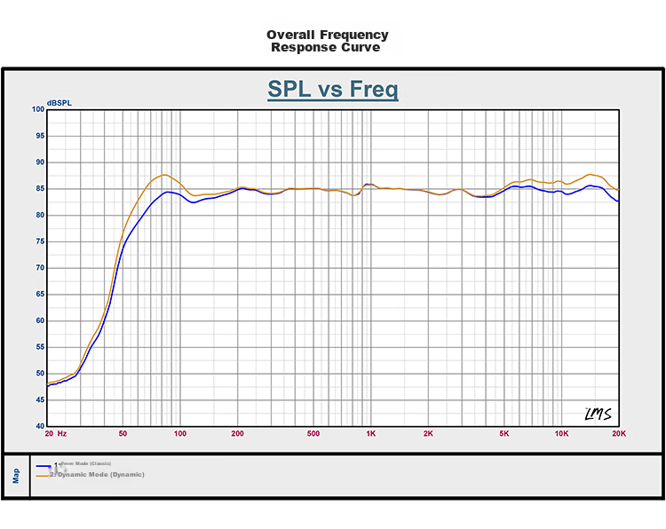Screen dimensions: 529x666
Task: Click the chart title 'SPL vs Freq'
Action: tap(332, 90)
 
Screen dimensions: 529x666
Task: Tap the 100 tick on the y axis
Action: tap(37, 109)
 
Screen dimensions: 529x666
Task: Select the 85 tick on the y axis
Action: tap(39, 189)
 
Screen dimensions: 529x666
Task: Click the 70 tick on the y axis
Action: tap(39, 268)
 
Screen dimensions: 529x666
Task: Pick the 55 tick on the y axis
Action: tap(39, 347)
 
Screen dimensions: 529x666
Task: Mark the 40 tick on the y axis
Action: tap(39, 426)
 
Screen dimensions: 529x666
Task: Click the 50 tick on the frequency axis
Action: tap(123, 435)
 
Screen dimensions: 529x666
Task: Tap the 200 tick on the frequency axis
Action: tap(237, 435)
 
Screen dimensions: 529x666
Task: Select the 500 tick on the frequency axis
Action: tap(313, 435)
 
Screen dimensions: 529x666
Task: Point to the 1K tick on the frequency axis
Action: tap(371, 435)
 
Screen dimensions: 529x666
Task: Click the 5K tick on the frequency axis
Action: tap(504, 435)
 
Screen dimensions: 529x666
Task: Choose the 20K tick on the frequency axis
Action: tap(619, 435)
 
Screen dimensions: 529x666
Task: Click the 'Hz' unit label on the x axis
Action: tap(61, 435)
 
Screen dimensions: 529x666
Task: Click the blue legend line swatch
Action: tap(43, 465)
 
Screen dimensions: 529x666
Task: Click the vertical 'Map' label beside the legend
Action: tap(15, 477)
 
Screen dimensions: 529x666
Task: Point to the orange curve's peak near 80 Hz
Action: tap(163, 175)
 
